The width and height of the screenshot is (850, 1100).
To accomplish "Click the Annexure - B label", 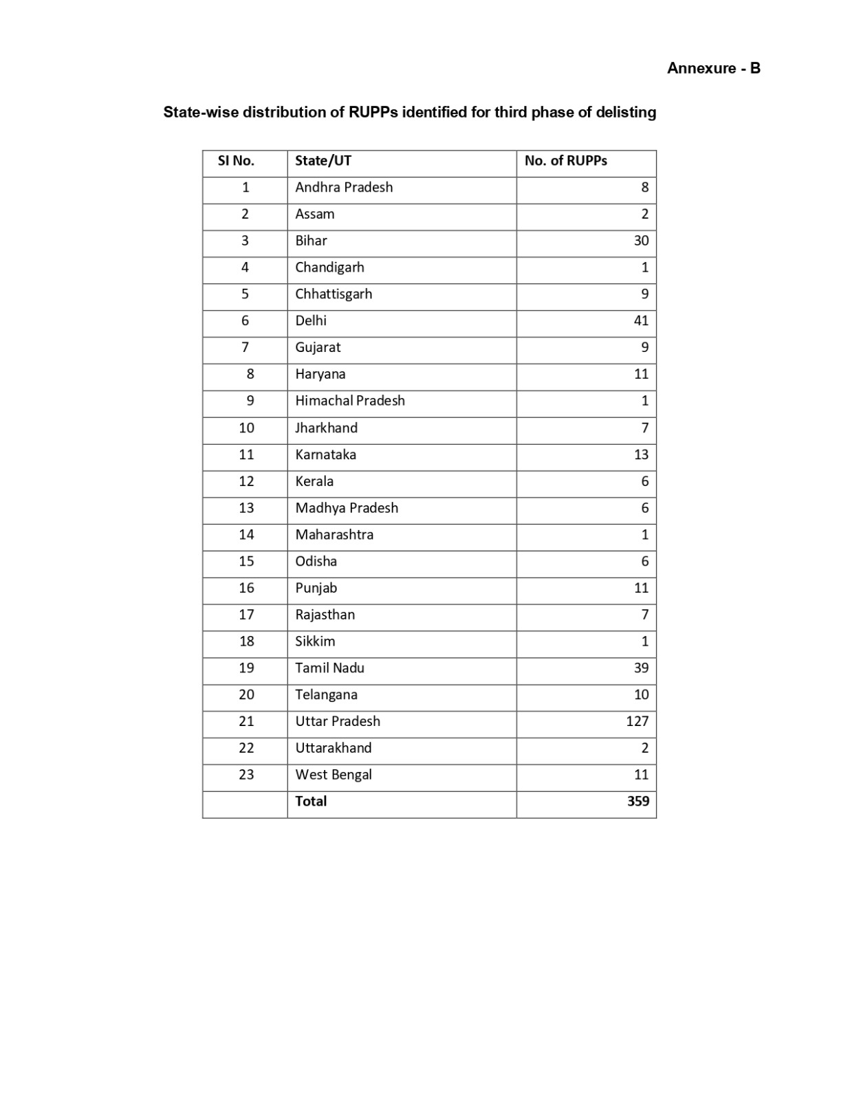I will tap(713, 68).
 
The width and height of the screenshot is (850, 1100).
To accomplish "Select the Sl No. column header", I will tap(236, 161).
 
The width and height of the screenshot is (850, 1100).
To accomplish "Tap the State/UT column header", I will tap(323, 161).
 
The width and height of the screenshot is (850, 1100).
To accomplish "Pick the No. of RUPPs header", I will tap(565, 161).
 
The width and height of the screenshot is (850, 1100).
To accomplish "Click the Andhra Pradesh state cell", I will tap(344, 188).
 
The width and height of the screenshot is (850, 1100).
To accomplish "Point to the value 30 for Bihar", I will tap(641, 241).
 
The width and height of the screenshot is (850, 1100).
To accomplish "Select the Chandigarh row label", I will tap(329, 267).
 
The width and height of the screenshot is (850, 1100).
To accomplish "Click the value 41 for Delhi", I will tap(641, 321).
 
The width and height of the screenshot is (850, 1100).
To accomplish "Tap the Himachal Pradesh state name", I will tap(350, 401).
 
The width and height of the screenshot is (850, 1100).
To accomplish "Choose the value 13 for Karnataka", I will tap(641, 454).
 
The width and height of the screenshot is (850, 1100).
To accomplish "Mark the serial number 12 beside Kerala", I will tap(246, 481).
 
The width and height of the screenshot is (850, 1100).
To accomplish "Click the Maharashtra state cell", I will tap(334, 535).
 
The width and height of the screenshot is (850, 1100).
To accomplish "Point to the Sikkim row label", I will tap(315, 641).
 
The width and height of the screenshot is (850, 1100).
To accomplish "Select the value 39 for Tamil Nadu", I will tap(641, 668).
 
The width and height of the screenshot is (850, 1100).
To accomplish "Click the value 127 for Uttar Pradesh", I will tap(637, 721).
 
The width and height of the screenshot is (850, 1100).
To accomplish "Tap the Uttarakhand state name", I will tap(333, 748).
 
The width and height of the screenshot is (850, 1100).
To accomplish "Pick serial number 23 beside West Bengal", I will tap(246, 775).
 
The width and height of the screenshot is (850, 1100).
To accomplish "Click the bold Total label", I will tap(311, 802).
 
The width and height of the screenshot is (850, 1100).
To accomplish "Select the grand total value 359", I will tap(637, 802).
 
